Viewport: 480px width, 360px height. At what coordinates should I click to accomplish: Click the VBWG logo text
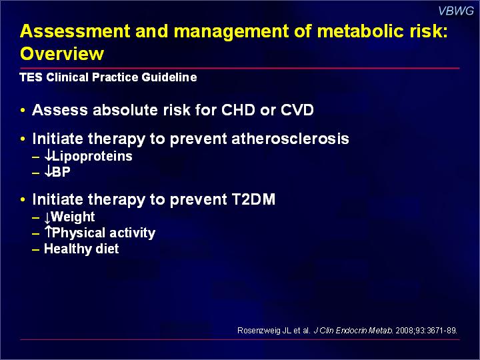tap(456, 11)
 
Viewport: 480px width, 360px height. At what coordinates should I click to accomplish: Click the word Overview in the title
tap(62, 53)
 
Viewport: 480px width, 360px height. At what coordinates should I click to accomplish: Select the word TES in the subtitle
tap(31, 77)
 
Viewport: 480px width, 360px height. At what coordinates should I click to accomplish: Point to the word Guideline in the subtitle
tap(169, 77)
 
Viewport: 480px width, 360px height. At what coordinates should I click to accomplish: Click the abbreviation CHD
tap(238, 109)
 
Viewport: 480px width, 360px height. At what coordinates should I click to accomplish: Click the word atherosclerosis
tap(290, 139)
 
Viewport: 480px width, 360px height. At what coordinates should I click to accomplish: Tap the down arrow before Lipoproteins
tap(48, 155)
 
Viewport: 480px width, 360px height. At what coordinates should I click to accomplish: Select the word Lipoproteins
tap(92, 157)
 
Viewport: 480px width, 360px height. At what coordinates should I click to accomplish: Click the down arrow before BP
tap(48, 171)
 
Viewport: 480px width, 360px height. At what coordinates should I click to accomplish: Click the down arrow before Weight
tap(47, 218)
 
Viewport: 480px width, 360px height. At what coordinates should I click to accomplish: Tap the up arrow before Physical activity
tap(48, 232)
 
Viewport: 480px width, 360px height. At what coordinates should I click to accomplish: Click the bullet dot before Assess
tap(23, 110)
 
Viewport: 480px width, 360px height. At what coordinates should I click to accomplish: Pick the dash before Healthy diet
tap(36, 249)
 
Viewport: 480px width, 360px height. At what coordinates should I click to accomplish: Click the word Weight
tap(73, 217)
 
